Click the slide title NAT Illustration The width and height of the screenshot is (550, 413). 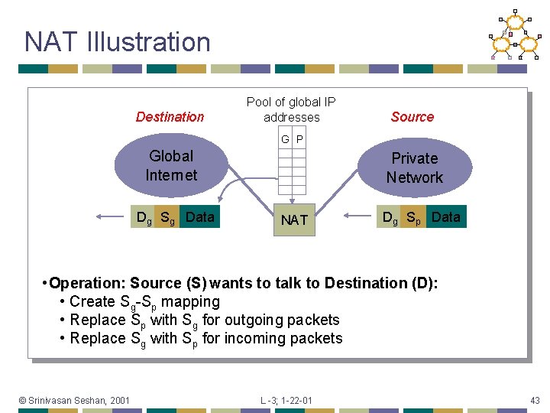tap(117, 41)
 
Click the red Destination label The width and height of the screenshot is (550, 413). tap(170, 117)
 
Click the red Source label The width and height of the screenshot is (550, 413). tap(412, 117)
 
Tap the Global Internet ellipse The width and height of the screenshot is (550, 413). tap(171, 165)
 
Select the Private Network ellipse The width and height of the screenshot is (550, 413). tap(414, 168)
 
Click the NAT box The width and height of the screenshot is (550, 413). tap(294, 220)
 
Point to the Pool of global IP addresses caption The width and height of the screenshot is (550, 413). tap(291, 109)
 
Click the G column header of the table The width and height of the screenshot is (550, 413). tap(285, 139)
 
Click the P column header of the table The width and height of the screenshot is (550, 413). tap(299, 139)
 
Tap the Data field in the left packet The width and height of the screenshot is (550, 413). tap(200, 217)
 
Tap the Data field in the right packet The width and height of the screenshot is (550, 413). tap(445, 217)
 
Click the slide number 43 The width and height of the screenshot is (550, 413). tap(535, 400)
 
